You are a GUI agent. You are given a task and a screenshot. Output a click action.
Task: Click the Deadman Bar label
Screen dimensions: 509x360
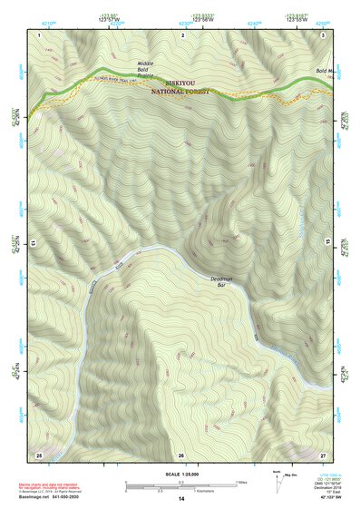(x=221, y=282)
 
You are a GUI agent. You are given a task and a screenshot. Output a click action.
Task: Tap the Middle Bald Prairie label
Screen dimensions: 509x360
(x=145, y=67)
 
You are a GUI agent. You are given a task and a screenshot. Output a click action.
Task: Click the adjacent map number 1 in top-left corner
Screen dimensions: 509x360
(x=40, y=34)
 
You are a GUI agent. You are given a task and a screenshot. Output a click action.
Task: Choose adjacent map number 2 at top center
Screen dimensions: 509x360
(x=183, y=34)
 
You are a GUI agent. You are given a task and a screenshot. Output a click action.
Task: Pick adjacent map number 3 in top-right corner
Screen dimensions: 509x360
(x=324, y=34)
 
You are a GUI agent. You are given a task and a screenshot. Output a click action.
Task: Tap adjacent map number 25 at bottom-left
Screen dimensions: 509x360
(x=39, y=453)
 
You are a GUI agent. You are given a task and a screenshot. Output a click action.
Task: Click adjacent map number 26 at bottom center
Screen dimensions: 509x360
(x=181, y=454)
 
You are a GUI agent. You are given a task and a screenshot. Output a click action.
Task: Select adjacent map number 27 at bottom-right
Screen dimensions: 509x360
(x=324, y=453)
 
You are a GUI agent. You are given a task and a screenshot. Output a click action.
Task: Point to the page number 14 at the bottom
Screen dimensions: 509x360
(x=181, y=499)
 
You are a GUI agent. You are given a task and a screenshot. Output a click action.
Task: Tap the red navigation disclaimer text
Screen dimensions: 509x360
(x=50, y=487)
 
